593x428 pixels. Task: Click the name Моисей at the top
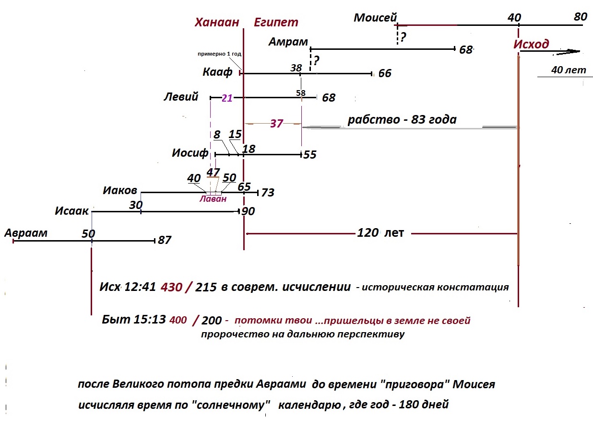click(375, 17)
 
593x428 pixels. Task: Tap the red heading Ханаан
click(217, 22)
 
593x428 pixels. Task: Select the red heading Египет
click(276, 23)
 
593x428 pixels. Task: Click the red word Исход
click(531, 44)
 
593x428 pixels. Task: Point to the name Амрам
click(288, 42)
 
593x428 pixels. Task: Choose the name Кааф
click(217, 72)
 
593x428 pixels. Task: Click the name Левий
click(181, 96)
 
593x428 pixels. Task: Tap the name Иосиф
click(190, 153)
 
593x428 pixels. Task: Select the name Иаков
click(120, 190)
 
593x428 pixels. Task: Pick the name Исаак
click(71, 211)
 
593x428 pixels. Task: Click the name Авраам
click(26, 233)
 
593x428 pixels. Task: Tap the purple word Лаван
click(213, 198)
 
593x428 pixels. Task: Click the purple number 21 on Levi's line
click(227, 98)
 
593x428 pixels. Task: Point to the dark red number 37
click(277, 124)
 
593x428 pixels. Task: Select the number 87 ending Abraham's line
click(165, 240)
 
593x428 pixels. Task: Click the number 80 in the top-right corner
click(581, 17)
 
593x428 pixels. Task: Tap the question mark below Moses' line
click(403, 37)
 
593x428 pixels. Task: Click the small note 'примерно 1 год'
click(219, 54)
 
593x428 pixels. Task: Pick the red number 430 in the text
click(172, 287)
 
